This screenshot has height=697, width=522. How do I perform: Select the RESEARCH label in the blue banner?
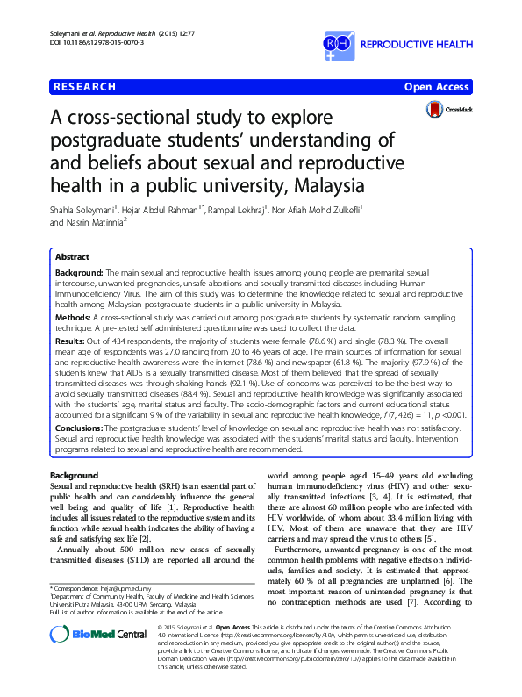pyautogui.click(x=85, y=87)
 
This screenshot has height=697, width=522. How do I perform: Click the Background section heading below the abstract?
pyautogui.click(x=75, y=475)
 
